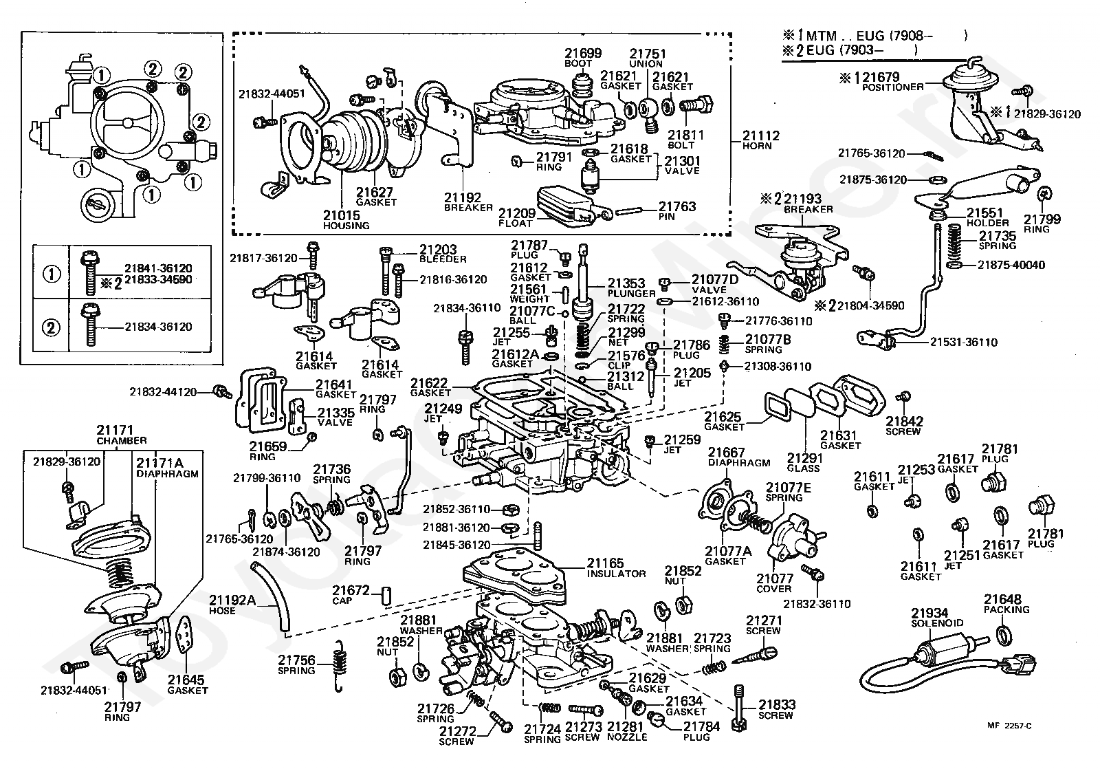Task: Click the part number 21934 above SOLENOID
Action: (x=929, y=613)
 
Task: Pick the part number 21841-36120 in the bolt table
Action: (x=158, y=268)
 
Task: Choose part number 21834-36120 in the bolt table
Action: (x=158, y=327)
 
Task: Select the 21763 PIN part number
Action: (x=677, y=206)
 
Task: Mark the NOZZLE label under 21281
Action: (x=626, y=737)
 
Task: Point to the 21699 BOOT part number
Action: (x=583, y=53)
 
